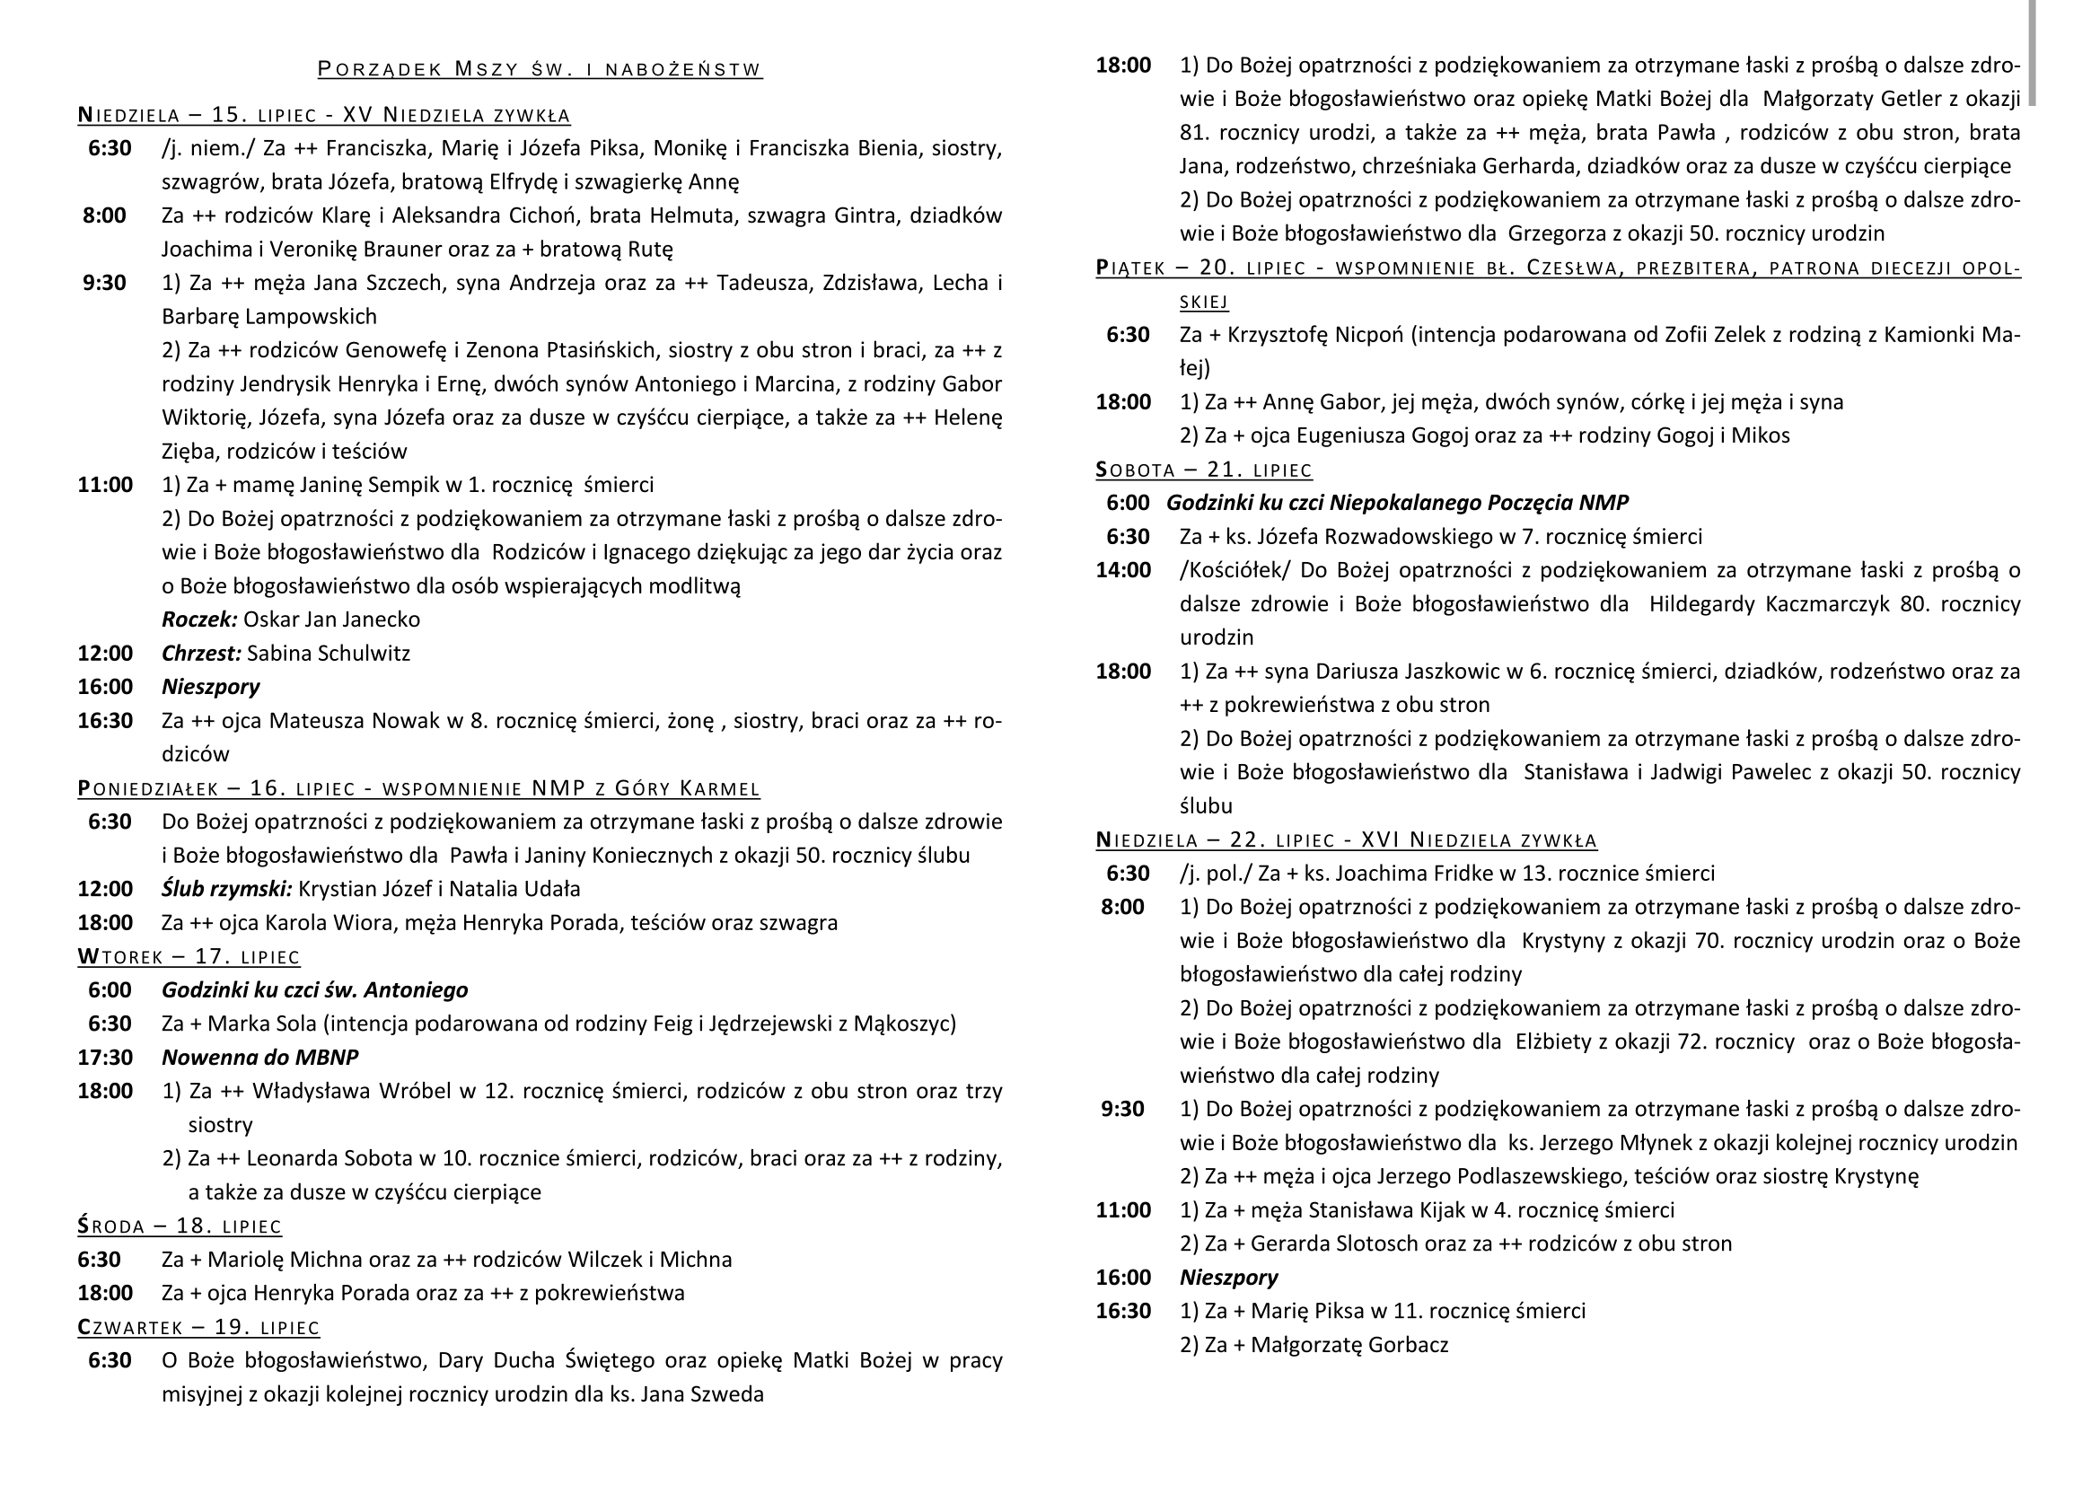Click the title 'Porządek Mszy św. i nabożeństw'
coord(540,69)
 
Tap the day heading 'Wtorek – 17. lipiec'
coord(189,956)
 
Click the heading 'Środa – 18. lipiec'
coord(180,1226)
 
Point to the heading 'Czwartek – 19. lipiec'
coord(198,1327)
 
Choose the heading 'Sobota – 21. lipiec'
coord(1204,470)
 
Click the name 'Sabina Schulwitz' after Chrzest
coord(329,654)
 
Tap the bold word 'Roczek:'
coord(199,620)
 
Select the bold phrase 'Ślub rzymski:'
coord(227,889)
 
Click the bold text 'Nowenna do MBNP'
coord(259,1058)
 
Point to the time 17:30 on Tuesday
coord(105,1058)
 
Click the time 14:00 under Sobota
coord(1123,571)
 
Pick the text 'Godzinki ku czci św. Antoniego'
coord(314,990)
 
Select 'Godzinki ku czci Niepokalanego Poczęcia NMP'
coord(1397,503)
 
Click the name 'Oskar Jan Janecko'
coord(332,620)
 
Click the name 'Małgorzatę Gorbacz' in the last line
coord(1349,1345)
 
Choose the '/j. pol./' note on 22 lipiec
coord(1216,874)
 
